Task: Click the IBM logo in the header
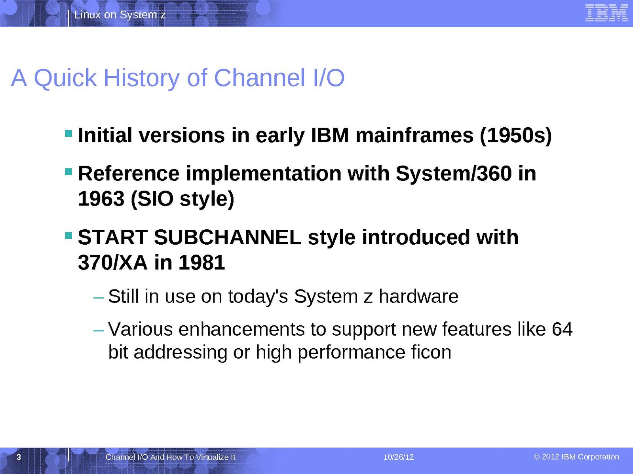606,13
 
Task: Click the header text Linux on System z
120,15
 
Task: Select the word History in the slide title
141,78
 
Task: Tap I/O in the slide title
329,78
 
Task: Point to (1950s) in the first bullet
516,135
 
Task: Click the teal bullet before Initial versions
68,133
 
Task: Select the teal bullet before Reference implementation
68,172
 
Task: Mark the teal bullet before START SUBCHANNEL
68,236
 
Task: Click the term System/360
454,174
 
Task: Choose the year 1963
101,199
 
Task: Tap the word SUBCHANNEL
228,237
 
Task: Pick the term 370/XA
112,262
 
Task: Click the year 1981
201,262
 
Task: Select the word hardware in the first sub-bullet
418,296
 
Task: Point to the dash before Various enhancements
99,330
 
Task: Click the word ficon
432,352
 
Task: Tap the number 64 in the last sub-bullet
562,329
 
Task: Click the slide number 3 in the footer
19,457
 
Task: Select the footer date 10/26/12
398,457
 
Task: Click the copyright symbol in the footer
536,457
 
